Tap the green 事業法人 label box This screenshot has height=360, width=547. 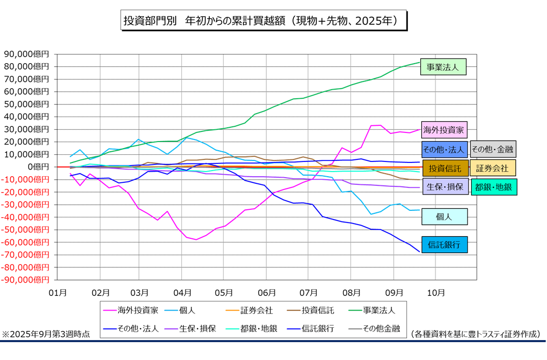[443, 67]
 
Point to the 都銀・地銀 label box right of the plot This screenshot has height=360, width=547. [494, 187]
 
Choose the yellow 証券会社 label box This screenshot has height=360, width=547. [493, 168]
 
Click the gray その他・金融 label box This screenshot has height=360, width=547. [493, 149]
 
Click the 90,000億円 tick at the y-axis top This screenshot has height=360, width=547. [26, 54]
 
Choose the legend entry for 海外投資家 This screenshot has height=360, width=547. [132, 309]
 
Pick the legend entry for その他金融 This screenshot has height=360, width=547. [374, 328]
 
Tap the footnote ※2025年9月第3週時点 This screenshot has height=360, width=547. [46, 334]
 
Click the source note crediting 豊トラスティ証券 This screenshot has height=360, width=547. [475, 334]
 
